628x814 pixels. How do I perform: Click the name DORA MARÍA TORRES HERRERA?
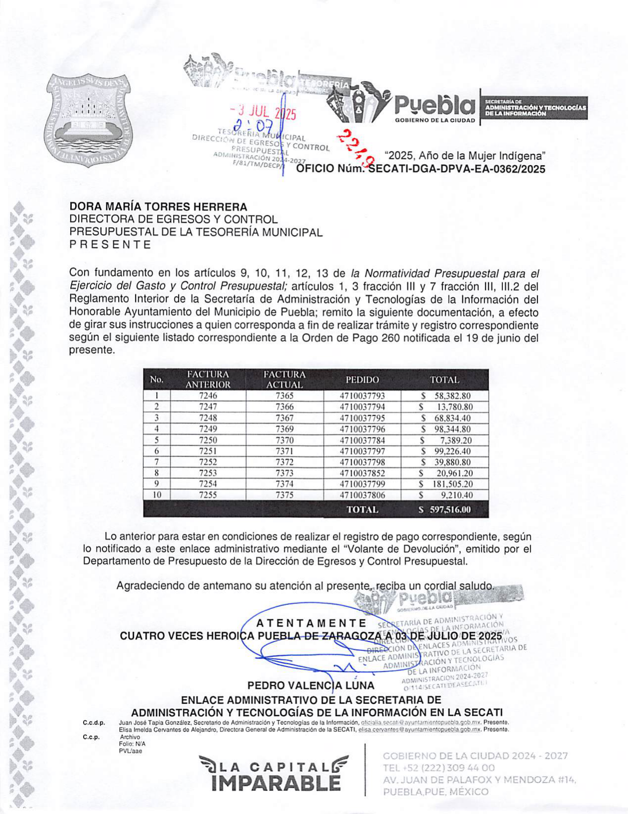[x=158, y=207]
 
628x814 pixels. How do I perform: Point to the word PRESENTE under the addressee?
[x=110, y=245]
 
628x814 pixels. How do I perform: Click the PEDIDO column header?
[x=362, y=380]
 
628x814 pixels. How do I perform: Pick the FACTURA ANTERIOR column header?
[x=208, y=380]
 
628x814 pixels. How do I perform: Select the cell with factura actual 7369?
[x=284, y=429]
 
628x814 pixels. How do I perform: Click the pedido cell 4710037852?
[x=362, y=473]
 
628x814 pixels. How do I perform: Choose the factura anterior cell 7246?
[x=208, y=396]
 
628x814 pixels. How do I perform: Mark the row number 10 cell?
[x=156, y=495]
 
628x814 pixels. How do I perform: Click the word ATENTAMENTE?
[x=312, y=623]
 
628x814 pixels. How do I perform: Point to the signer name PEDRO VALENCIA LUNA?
[x=311, y=685]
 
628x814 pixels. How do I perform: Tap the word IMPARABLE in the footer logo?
[x=275, y=783]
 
